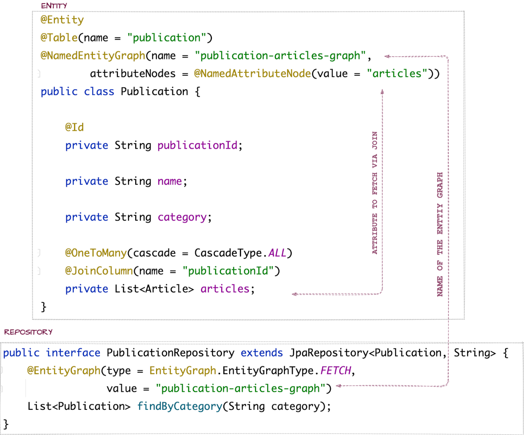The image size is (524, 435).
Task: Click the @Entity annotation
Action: pos(62,20)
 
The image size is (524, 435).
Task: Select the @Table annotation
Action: pos(59,38)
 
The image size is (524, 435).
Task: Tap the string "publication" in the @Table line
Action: pos(167,38)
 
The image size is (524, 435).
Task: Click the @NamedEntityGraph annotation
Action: pos(93,56)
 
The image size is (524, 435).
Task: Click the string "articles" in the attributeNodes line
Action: pos(397,73)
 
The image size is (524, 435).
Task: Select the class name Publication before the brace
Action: pos(154,91)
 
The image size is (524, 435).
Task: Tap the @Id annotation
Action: pos(74,127)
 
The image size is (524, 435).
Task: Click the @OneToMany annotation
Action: pos(96,253)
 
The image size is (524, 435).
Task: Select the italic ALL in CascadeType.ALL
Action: pos(277,253)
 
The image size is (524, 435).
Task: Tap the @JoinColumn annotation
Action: pos(99,271)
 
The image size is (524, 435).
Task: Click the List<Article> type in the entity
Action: pos(154,289)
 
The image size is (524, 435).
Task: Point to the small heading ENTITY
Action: pos(54,6)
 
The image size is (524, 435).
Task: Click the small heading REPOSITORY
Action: pos(28,332)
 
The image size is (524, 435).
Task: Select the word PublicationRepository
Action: pos(170,353)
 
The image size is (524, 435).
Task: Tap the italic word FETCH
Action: pos(336,371)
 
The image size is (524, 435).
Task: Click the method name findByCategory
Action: pos(180,406)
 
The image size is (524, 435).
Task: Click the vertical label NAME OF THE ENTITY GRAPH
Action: pos(440,234)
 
